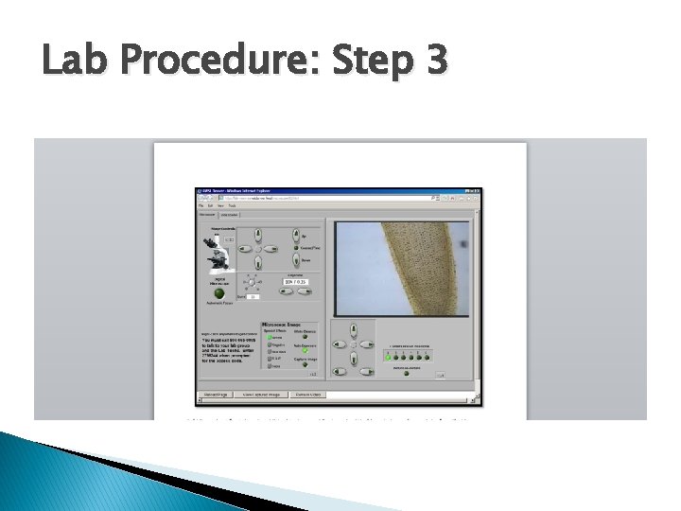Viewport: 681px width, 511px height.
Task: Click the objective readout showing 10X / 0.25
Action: click(x=295, y=282)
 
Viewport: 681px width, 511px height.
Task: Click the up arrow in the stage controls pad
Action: click(x=256, y=235)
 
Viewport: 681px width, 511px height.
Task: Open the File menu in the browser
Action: click(x=201, y=204)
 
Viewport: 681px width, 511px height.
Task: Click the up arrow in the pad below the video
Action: click(x=353, y=329)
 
